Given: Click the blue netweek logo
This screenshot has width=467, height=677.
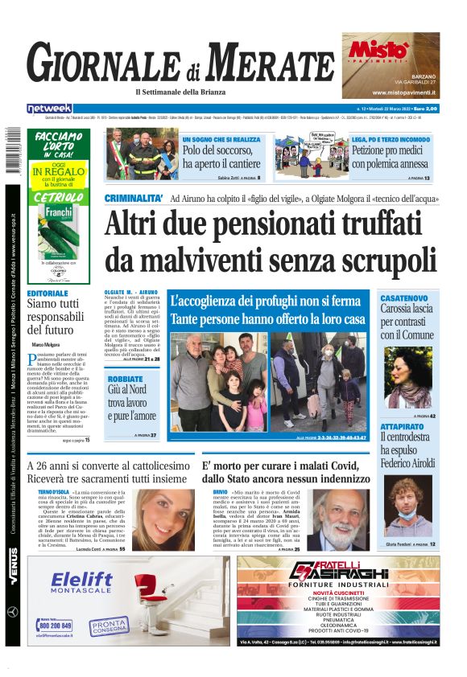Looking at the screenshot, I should tap(49, 109).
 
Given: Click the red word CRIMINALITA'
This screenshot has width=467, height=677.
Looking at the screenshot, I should tap(134, 198).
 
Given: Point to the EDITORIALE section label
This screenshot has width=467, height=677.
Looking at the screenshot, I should tap(48, 294).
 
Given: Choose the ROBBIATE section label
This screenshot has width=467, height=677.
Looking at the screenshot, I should tap(125, 379).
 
